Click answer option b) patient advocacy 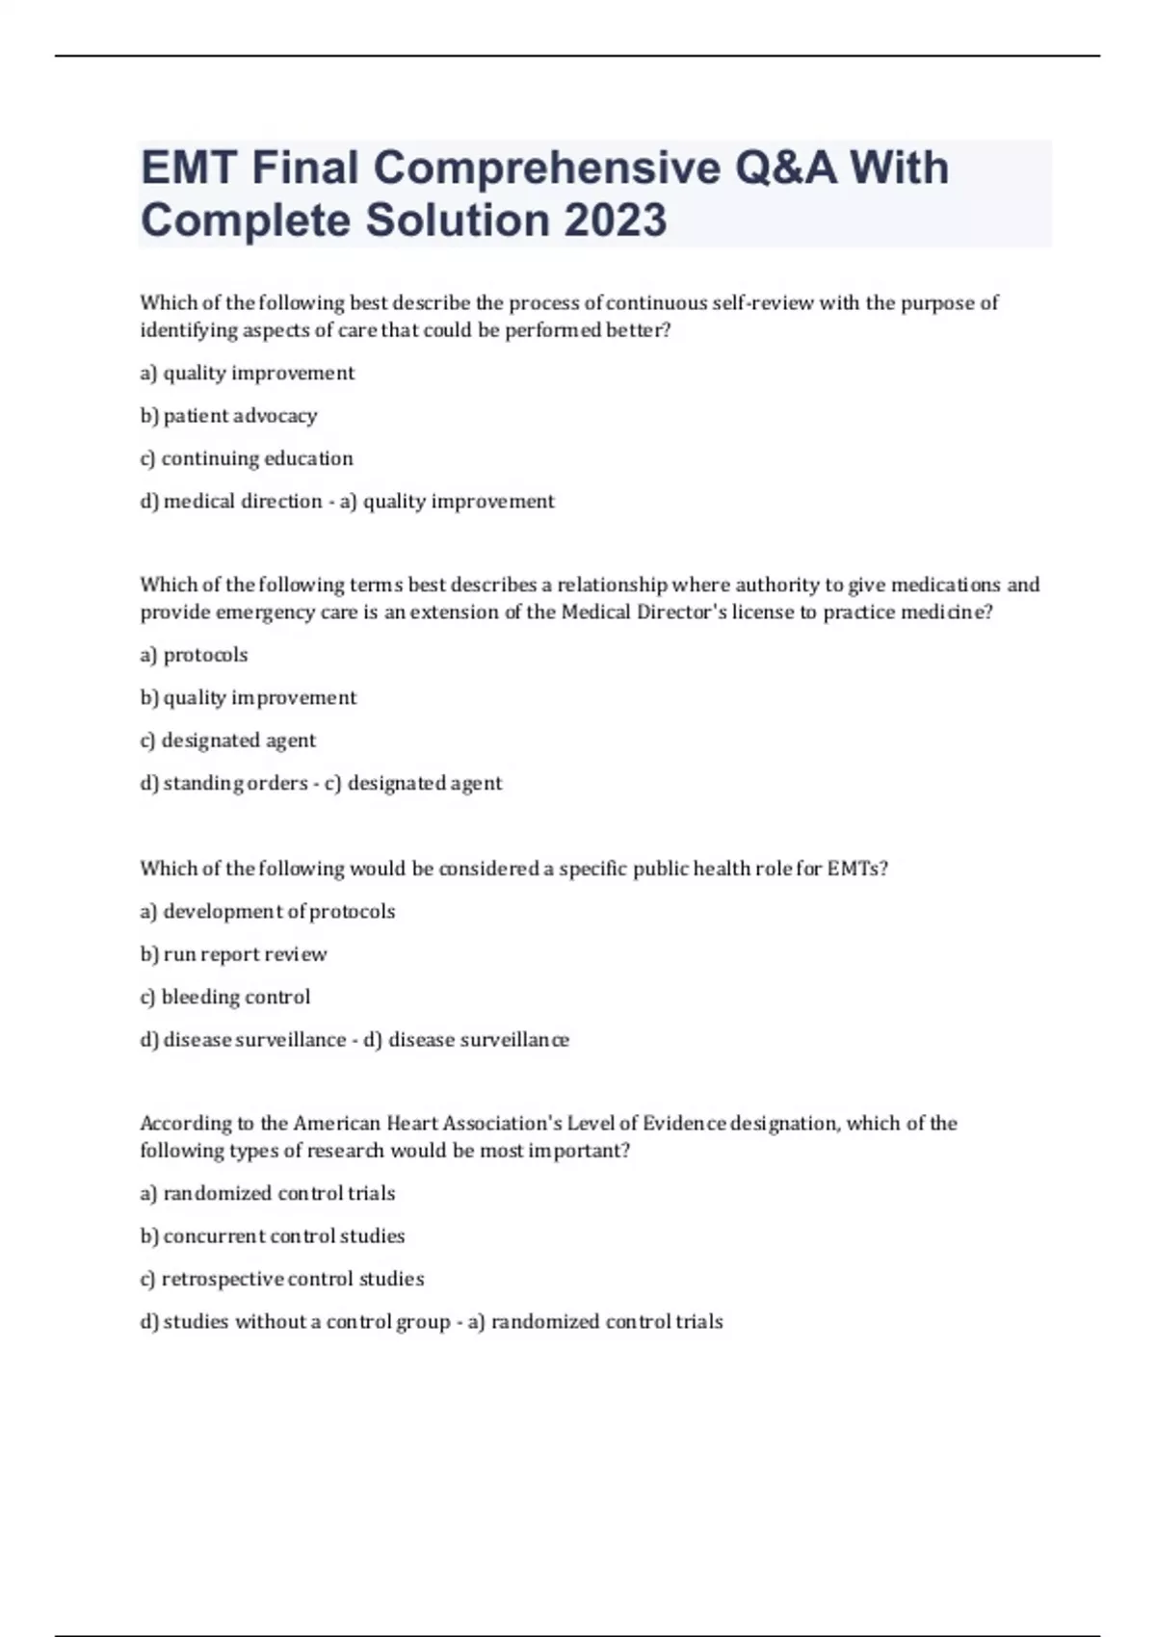229,416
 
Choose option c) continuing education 247,458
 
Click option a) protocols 195,655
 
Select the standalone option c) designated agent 228,741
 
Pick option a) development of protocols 268,911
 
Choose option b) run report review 234,954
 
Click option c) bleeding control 225,997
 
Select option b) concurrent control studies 273,1235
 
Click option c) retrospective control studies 282,1279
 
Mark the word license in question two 763,612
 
